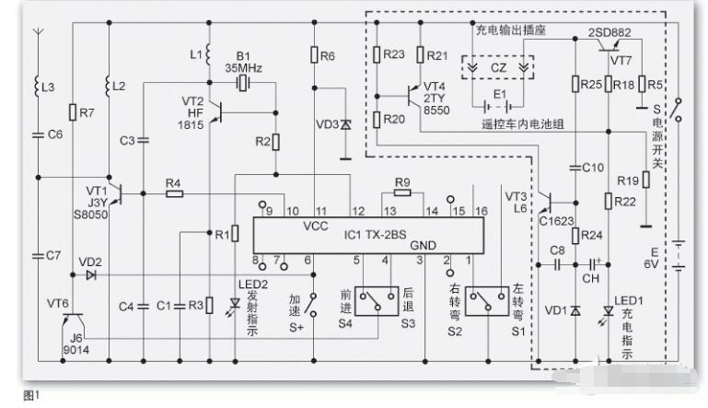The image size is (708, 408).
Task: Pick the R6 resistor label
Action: (328, 56)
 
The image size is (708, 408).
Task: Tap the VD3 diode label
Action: (327, 123)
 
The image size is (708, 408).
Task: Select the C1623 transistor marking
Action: (555, 221)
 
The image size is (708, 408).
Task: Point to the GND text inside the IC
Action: (424, 246)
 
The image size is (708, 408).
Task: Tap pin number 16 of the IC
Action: (480, 212)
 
